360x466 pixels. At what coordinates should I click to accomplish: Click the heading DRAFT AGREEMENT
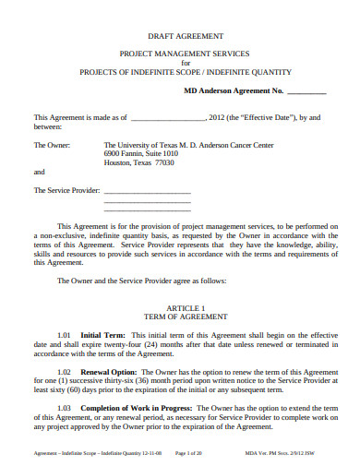179,36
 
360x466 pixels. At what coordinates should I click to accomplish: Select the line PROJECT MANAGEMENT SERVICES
179,54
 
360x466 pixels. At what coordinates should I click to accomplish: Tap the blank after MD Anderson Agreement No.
307,90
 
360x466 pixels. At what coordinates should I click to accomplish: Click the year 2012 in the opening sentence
219,117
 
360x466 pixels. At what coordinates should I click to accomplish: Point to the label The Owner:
53,144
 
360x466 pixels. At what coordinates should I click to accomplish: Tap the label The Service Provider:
66,190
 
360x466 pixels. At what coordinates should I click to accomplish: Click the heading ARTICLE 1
179,306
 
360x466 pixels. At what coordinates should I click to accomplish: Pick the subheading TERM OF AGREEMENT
179,316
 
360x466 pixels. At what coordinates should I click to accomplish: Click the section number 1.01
65,334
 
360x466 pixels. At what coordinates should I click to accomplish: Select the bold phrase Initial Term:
102,334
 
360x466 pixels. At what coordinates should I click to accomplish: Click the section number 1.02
65,370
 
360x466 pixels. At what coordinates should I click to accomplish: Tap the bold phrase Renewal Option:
109,370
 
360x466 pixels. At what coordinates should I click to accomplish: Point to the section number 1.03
65,407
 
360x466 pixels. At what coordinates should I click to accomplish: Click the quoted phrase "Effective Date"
269,117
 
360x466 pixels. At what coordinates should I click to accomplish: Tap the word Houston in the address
118,162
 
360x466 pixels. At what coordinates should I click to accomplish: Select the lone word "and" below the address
39,172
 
